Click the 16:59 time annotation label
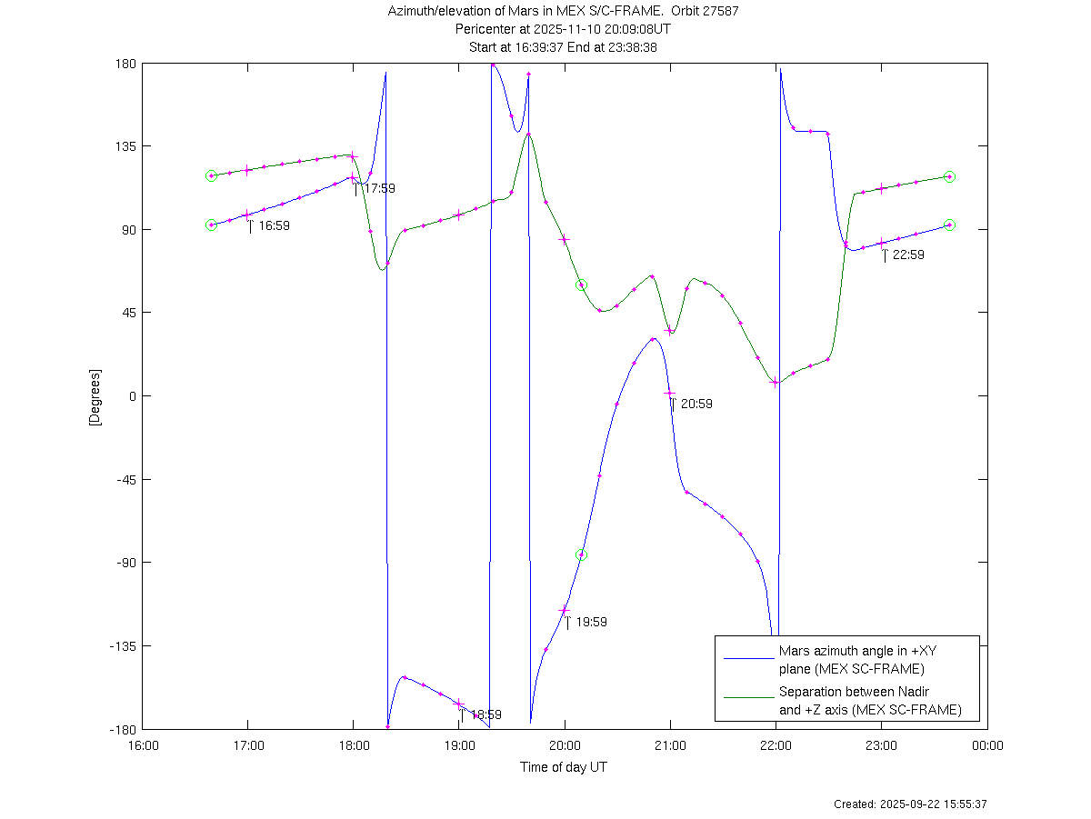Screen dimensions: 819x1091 click(x=274, y=225)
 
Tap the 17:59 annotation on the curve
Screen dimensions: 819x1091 click(x=379, y=188)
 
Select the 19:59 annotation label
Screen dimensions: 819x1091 click(x=591, y=622)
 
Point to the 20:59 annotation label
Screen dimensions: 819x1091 click(x=696, y=404)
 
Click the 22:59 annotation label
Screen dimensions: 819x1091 click(x=908, y=255)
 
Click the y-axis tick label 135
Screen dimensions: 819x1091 click(x=125, y=146)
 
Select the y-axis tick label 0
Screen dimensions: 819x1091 click(x=131, y=396)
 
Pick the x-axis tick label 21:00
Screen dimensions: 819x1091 click(x=670, y=746)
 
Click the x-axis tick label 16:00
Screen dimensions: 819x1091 click(x=143, y=746)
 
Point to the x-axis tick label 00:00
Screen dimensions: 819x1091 click(x=986, y=746)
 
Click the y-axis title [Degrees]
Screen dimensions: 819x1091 click(x=95, y=396)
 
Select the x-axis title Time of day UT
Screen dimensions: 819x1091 click(x=564, y=767)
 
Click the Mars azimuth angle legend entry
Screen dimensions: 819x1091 click(x=851, y=660)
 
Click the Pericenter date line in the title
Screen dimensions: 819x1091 click(x=563, y=29)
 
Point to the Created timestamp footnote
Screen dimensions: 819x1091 click(x=910, y=804)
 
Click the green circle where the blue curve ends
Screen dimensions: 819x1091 click(x=949, y=225)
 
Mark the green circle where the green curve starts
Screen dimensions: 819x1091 click(x=211, y=175)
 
